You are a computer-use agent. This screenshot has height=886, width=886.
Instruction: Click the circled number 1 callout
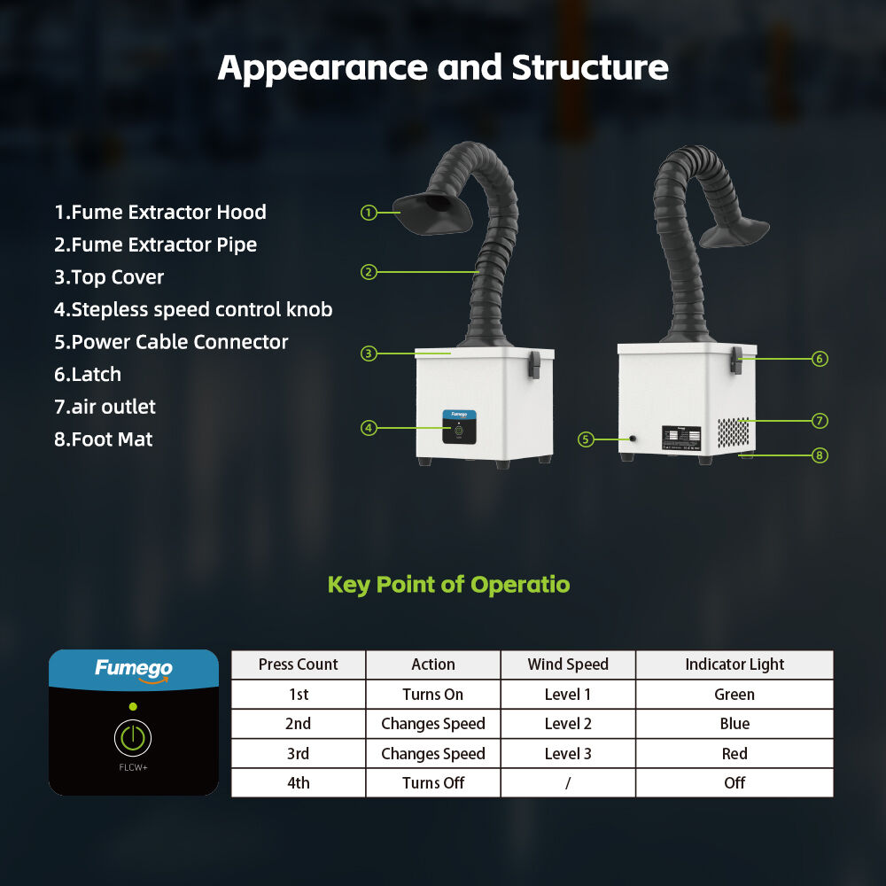[369, 212]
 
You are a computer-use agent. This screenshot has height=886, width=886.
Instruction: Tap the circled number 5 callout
[586, 439]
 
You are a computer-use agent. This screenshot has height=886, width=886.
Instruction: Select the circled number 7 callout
[820, 419]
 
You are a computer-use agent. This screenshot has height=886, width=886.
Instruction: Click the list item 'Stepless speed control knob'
[193, 309]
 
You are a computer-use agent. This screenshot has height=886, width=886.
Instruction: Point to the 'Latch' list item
[88, 374]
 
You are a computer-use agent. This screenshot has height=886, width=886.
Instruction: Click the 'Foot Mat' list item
[103, 439]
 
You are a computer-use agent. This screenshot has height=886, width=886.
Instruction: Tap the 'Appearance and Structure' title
[443, 68]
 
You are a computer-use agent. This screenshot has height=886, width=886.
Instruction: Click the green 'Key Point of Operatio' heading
[448, 585]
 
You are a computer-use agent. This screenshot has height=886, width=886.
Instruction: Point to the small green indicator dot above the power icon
[133, 706]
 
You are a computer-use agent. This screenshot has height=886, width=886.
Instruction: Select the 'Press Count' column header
[298, 664]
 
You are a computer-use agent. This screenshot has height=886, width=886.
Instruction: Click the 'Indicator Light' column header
[734, 664]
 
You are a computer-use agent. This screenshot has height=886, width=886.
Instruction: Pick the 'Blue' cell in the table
[734, 724]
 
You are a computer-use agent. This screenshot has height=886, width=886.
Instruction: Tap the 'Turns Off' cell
[432, 783]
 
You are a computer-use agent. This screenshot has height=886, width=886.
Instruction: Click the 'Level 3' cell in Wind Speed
[568, 754]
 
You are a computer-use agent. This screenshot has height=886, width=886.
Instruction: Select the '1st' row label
[298, 695]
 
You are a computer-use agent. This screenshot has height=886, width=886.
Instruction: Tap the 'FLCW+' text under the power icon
[133, 767]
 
